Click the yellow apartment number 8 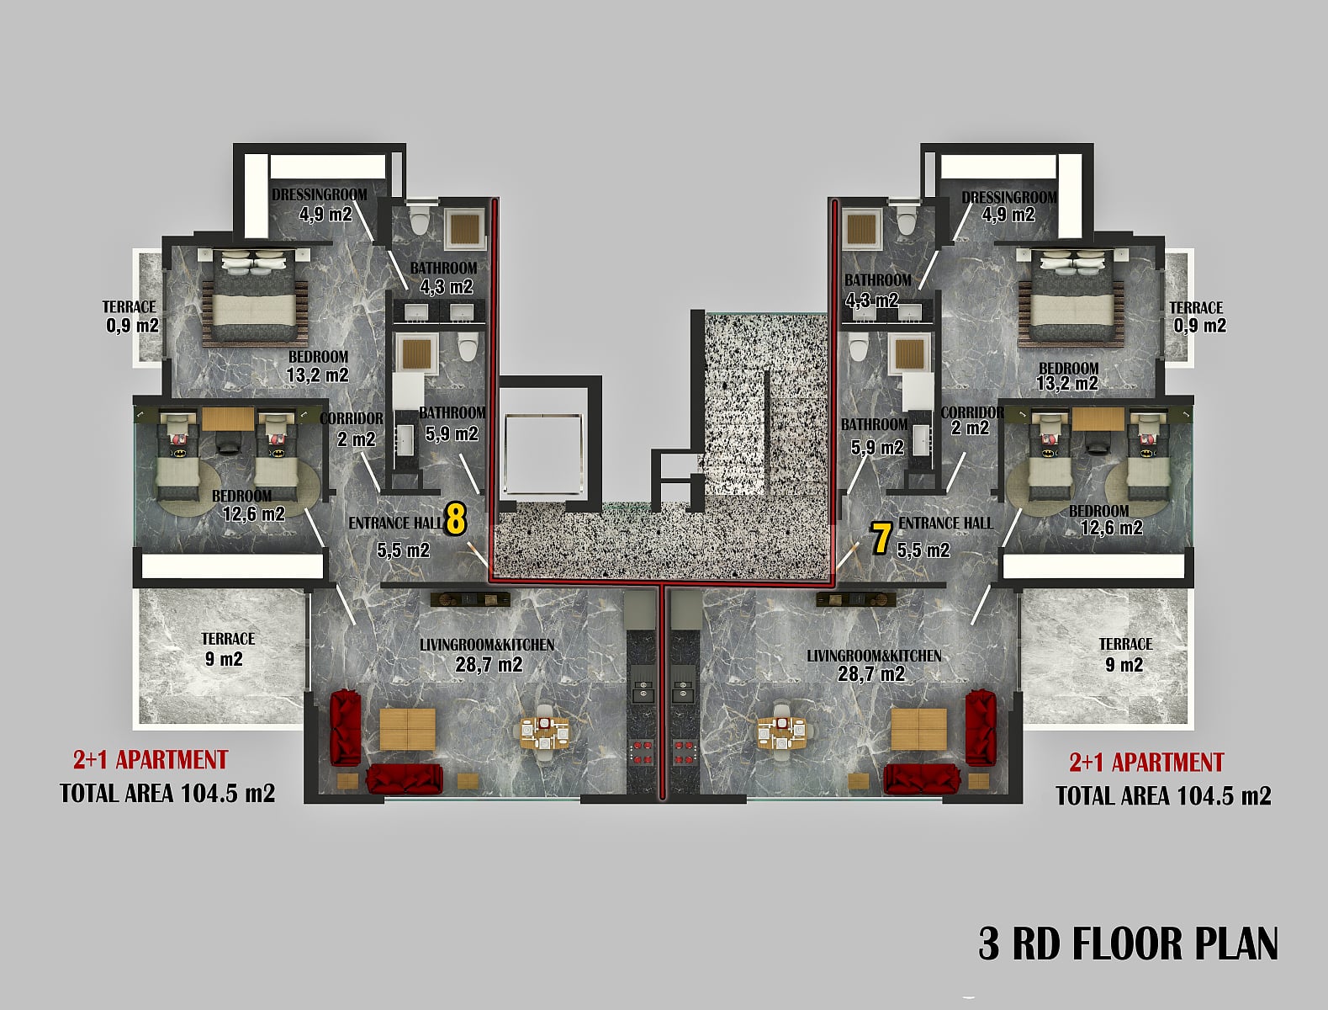(456, 520)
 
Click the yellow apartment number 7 (881, 539)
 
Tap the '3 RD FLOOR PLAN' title (1129, 943)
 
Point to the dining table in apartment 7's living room (781, 733)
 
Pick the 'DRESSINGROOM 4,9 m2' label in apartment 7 (1008, 206)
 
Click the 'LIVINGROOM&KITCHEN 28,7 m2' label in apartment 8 (487, 655)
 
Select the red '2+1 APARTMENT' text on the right (1146, 762)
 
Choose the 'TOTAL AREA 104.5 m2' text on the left (167, 793)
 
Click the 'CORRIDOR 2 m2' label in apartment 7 (971, 420)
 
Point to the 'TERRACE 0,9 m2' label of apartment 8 (130, 316)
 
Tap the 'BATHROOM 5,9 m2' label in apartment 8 (452, 424)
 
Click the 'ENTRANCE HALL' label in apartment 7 (945, 524)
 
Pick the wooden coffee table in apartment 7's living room (919, 729)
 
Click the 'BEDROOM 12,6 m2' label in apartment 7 (1107, 519)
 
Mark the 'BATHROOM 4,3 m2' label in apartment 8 (444, 277)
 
